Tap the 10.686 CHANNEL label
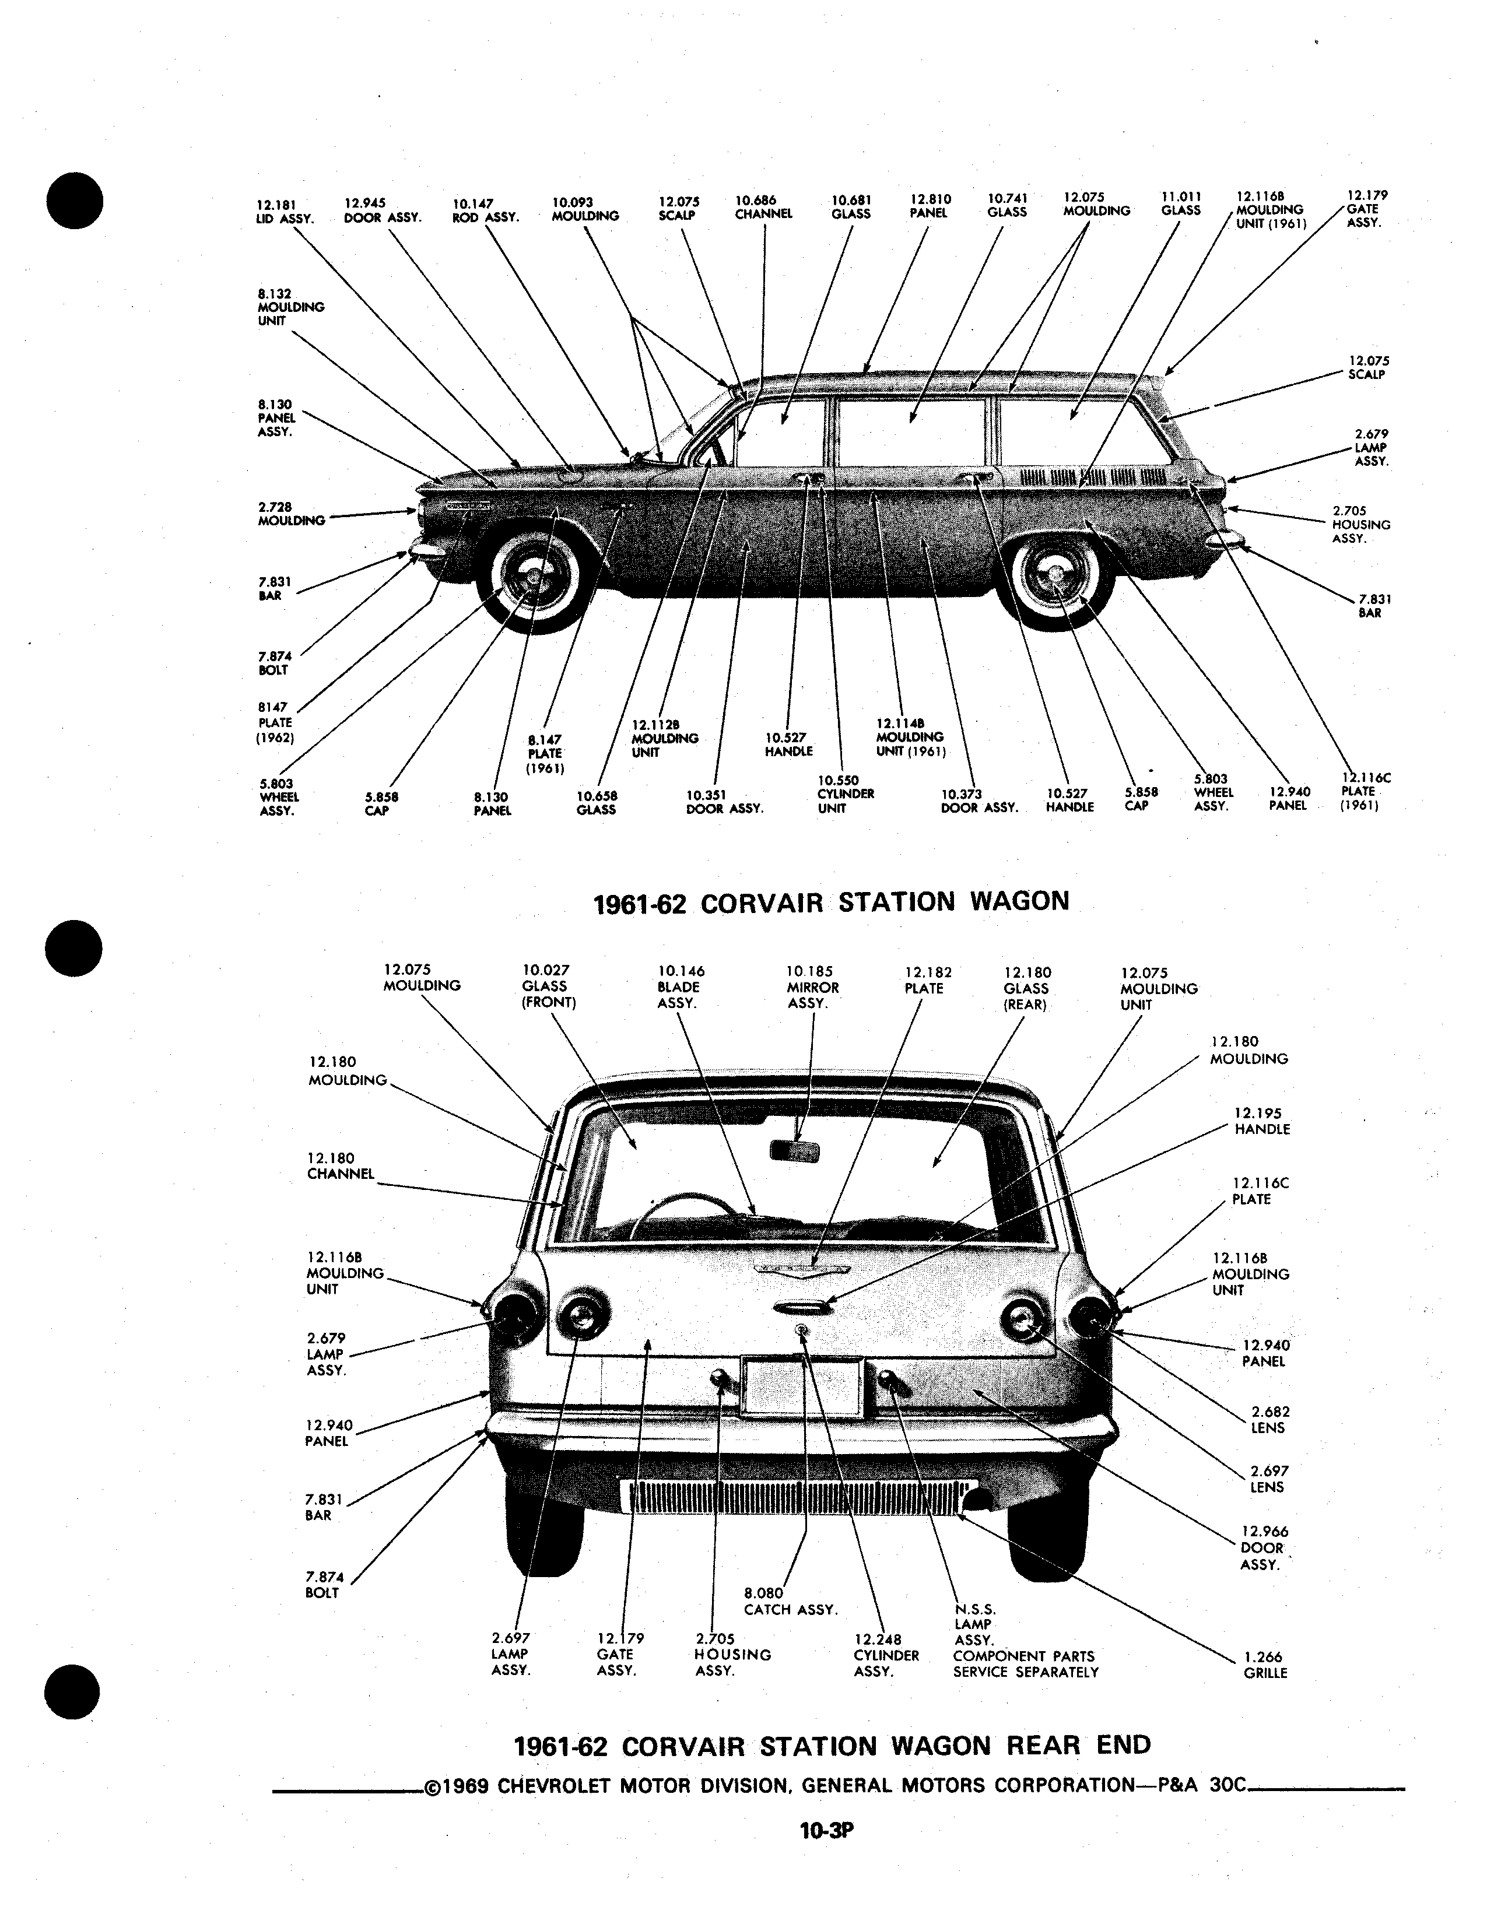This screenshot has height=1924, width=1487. [764, 207]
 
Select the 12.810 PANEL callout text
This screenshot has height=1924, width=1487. [930, 206]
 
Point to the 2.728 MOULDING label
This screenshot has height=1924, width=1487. [292, 514]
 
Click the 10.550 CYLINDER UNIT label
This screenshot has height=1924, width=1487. [846, 794]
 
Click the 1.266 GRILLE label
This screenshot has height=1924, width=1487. [1265, 1664]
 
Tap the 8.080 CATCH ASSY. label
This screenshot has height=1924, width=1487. [790, 1600]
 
